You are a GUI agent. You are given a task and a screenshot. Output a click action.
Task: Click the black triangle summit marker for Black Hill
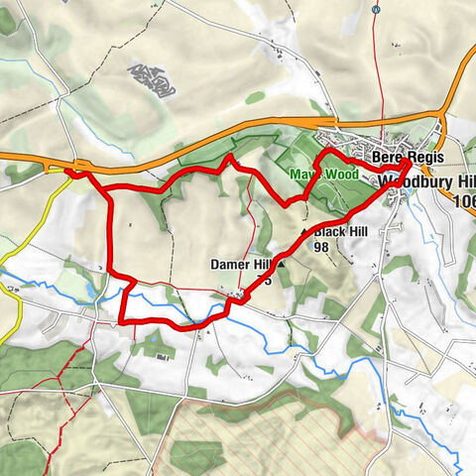pyautogui.click(x=304, y=231)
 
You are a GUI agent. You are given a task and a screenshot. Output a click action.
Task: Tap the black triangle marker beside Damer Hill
pyautogui.click(x=282, y=266)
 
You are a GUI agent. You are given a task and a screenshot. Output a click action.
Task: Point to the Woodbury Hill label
pyautogui.click(x=426, y=182)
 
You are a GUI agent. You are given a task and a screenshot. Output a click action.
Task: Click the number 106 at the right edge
pyautogui.click(x=462, y=201)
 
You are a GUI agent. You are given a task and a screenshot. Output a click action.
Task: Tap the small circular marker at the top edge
pyautogui.click(x=376, y=9)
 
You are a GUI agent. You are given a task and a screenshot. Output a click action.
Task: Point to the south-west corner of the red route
pyautogui.click(x=121, y=321)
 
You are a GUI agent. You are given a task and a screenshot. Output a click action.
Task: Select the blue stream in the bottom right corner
pyautogui.click(x=451, y=436)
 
